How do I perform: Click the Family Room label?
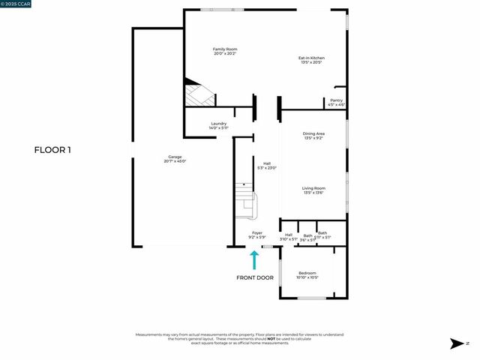click(x=225, y=49)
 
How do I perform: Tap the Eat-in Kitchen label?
click(x=311, y=58)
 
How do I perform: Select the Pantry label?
click(x=336, y=101)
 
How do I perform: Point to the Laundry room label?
click(x=218, y=124)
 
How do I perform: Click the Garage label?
click(x=175, y=157)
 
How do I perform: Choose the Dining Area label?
click(x=313, y=133)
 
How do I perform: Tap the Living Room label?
click(x=313, y=188)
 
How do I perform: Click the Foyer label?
click(x=257, y=233)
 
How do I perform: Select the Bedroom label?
click(x=307, y=273)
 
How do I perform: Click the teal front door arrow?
click(x=254, y=259)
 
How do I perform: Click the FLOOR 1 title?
click(x=52, y=150)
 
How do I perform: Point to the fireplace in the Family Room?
click(x=199, y=95)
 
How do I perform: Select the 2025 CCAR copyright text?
click(x=16, y=4)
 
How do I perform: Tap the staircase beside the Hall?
click(x=245, y=201)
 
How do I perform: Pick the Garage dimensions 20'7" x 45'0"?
click(x=175, y=161)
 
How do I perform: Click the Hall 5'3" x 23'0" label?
click(x=266, y=166)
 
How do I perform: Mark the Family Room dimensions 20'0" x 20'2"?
click(x=225, y=54)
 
